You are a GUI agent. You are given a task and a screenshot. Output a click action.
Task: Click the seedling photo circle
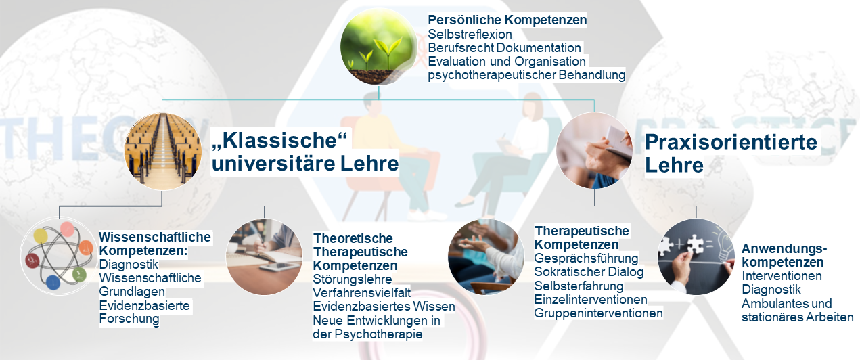[x=378, y=47]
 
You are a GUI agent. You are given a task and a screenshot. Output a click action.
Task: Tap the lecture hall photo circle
[x=163, y=152]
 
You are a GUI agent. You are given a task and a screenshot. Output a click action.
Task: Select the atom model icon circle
[x=59, y=256]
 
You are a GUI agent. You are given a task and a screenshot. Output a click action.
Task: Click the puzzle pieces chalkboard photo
[x=696, y=256]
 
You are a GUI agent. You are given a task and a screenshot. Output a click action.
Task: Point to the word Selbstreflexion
[x=470, y=34]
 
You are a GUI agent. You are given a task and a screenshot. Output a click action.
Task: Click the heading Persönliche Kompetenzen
[x=507, y=20]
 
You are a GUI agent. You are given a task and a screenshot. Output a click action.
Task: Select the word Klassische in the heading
[x=279, y=140]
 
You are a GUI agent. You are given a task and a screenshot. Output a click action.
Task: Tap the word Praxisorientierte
[x=731, y=142]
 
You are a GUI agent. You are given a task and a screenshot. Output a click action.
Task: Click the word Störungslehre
[x=352, y=279]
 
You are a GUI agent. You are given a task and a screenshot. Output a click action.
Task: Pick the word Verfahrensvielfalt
[x=362, y=293]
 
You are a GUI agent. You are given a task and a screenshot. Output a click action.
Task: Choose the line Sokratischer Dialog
[x=589, y=272]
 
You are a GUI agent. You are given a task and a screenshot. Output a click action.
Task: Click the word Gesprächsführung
[x=586, y=258]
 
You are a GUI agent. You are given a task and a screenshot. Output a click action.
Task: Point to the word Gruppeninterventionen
[x=598, y=313]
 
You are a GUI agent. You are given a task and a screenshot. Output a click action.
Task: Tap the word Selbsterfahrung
[x=579, y=286]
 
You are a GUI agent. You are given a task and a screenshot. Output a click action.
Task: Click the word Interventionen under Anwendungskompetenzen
[x=782, y=276]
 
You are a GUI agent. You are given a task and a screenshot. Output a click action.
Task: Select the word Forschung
[x=129, y=319]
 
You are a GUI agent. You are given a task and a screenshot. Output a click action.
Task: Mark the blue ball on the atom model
[x=53, y=282]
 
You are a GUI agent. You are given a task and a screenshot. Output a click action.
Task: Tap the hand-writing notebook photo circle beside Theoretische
[x=264, y=256]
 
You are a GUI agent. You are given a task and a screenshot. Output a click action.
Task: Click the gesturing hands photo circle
[x=486, y=256]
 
